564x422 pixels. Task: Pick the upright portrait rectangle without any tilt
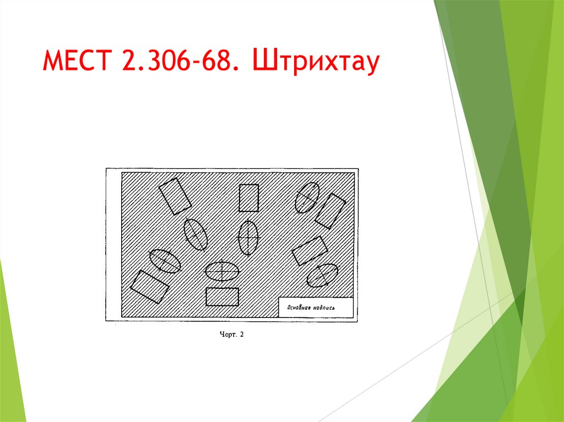point(248,198)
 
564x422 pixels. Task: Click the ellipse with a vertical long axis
point(248,237)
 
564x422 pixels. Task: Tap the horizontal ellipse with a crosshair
point(222,271)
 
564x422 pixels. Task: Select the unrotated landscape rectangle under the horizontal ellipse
point(222,297)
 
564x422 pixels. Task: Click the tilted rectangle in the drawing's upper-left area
point(175,196)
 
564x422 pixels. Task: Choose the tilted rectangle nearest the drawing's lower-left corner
point(149,286)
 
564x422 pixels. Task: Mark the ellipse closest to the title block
point(322,275)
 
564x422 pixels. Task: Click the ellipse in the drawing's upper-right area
point(307,197)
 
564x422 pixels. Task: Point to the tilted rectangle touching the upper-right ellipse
point(330,211)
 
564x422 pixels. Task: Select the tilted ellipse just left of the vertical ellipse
point(196,234)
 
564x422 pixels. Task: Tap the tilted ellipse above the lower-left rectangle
point(165,261)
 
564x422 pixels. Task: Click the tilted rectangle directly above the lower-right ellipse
point(310,251)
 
